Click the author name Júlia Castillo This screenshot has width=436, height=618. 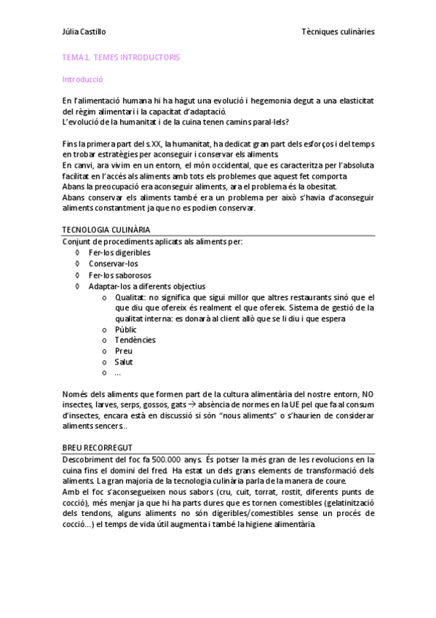click(84, 32)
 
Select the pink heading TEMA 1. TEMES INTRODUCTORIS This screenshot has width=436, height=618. click(121, 57)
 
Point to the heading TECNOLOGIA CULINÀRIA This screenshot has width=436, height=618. click(107, 230)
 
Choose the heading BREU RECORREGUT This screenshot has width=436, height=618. click(98, 447)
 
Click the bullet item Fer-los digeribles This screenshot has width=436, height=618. click(120, 252)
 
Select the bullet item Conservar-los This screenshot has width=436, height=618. click(114, 264)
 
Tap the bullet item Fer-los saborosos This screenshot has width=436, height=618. click(120, 275)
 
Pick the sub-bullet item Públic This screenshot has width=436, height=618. click(125, 329)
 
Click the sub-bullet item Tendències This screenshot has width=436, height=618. click(135, 340)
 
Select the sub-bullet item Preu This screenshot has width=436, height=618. click(123, 351)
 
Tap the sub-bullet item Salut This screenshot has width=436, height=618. click(124, 362)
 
